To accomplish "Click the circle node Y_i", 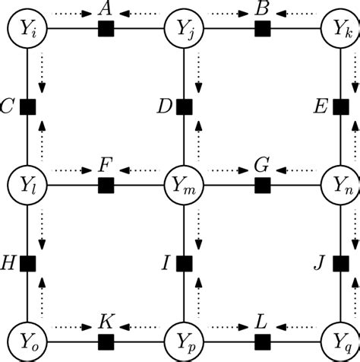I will click(27, 30).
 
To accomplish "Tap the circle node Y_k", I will click(339, 30).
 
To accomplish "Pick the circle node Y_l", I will click(27, 185).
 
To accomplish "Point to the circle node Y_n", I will click(339, 185).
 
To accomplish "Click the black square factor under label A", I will click(106, 30).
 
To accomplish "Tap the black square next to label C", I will click(27, 107).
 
